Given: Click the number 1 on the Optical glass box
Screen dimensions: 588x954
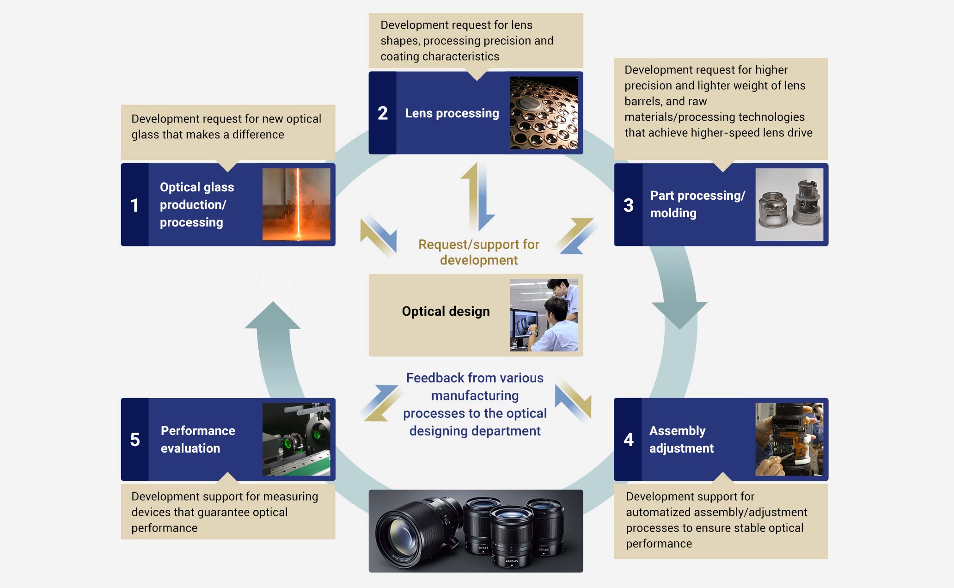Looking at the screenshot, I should pyautogui.click(x=135, y=205).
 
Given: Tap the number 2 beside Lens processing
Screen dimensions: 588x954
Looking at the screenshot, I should pyautogui.click(x=383, y=113).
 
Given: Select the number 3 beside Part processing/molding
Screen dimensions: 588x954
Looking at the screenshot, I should pyautogui.click(x=628, y=205).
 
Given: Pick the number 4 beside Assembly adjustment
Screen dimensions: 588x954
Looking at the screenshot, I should pyautogui.click(x=628, y=439).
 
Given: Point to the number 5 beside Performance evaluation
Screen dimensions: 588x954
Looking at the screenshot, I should pyautogui.click(x=135, y=439).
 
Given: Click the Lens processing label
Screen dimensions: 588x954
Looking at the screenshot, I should pyautogui.click(x=452, y=113).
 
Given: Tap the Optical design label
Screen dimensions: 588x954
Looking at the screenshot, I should pyautogui.click(x=446, y=311).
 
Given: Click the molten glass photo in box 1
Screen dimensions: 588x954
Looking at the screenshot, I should pyautogui.click(x=296, y=204).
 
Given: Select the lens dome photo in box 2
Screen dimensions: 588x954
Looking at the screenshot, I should pyautogui.click(x=544, y=113).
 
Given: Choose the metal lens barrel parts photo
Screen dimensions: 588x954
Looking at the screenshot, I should pyautogui.click(x=789, y=204).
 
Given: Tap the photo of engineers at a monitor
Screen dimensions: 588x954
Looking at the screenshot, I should pyautogui.click(x=544, y=315).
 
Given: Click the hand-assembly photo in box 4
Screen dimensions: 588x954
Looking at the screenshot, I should pyautogui.click(x=789, y=439).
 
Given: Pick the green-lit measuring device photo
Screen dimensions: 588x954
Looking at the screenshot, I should pyautogui.click(x=296, y=439).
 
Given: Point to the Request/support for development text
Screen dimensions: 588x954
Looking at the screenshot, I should pyautogui.click(x=478, y=252).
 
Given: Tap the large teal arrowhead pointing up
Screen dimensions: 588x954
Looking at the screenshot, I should pyautogui.click(x=273, y=317).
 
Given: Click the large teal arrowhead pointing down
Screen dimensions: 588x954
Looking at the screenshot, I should pyautogui.click(x=679, y=314).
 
